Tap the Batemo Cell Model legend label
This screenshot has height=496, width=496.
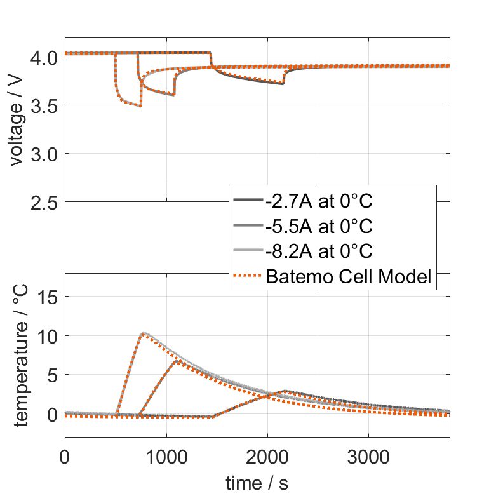349,277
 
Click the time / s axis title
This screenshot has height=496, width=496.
257,483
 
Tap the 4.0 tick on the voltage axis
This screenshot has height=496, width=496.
43,57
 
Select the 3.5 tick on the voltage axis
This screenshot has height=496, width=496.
43,105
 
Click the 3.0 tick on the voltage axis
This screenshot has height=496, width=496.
43,154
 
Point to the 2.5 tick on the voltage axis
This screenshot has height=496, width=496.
43,202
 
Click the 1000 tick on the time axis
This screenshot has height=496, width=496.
166,458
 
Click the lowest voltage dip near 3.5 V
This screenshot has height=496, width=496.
140,105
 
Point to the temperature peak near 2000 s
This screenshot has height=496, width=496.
285,391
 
